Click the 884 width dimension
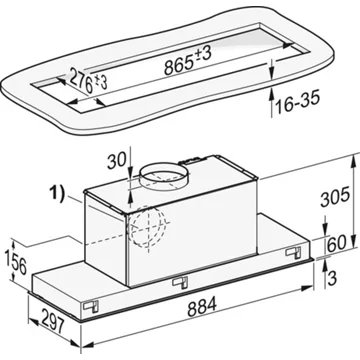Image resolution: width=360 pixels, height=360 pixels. pos(202,307)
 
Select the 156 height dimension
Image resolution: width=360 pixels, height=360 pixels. pos(16,261)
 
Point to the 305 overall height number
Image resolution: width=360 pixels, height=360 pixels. pos(335,197)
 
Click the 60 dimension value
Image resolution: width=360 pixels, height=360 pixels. pos(336,243)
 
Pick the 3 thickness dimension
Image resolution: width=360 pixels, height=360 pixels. pos(332,279)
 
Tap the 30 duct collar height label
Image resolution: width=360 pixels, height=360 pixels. pos(117,162)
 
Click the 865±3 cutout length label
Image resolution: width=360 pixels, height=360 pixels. pos(188,61)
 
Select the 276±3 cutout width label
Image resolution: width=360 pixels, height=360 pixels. pos(87,80)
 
